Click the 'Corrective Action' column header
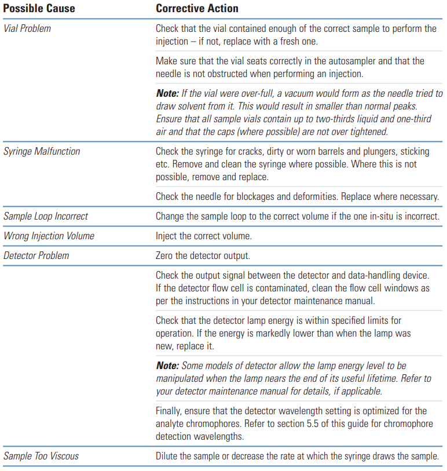(x=197, y=9)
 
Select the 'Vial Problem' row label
(x=27, y=28)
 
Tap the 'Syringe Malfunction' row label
(x=42, y=151)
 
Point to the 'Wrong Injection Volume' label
(x=49, y=236)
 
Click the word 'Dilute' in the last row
(x=168, y=456)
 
